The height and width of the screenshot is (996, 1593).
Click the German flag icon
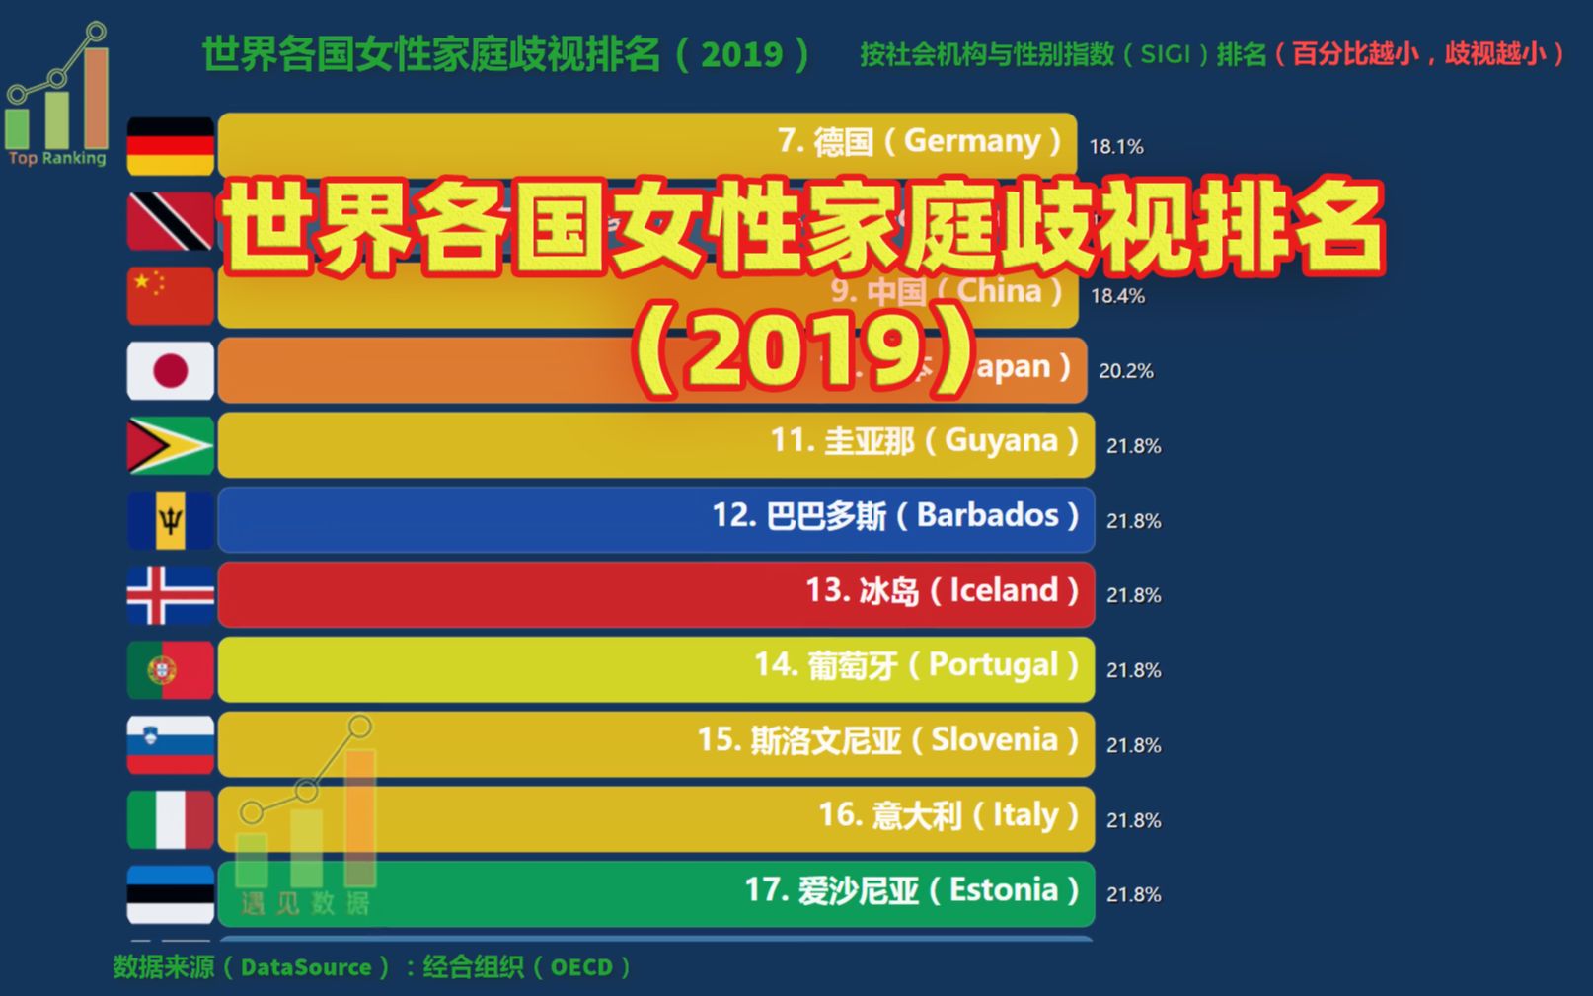(170, 146)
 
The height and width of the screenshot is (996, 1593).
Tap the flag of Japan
(170, 371)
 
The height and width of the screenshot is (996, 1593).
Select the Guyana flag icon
(170, 445)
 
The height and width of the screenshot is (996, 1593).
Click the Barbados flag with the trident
(170, 520)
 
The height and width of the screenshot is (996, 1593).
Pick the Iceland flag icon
(170, 595)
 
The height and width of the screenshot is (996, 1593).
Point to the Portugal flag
(170, 670)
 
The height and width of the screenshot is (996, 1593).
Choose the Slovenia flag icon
(170, 744)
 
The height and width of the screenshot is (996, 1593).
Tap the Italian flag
(170, 819)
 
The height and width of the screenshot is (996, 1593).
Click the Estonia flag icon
(170, 894)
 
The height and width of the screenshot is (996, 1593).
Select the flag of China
(170, 295)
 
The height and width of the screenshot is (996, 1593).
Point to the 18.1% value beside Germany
(1115, 147)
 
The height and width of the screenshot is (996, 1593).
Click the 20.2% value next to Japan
(1125, 371)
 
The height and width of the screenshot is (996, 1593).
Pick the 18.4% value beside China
(1117, 296)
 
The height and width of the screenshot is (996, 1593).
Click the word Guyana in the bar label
(1001, 440)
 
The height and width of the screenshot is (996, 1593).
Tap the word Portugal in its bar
(993, 665)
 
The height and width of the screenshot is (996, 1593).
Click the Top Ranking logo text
(57, 158)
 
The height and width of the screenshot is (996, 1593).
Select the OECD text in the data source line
(581, 967)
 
